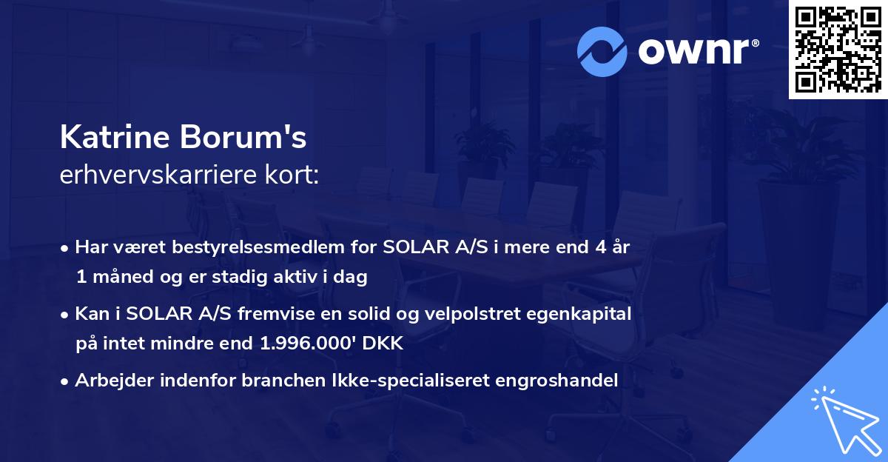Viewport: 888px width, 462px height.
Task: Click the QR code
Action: click(x=837, y=49)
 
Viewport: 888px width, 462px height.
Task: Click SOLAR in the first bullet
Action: click(x=411, y=248)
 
